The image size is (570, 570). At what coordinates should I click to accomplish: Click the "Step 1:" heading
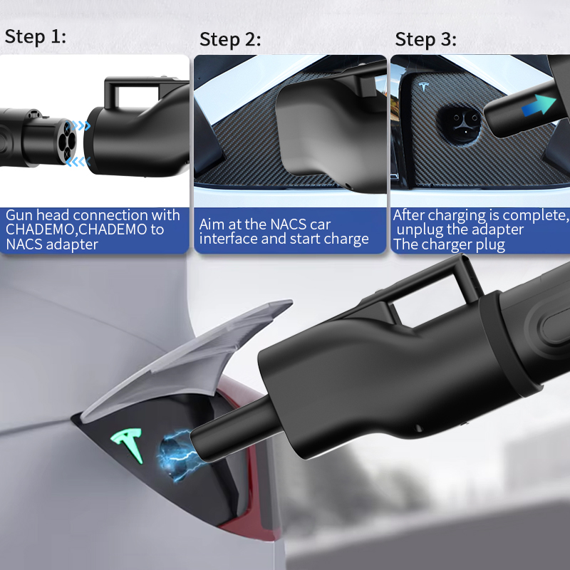(35, 37)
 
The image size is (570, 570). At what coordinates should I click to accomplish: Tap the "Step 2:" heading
(230, 40)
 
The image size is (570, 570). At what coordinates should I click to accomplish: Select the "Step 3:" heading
(425, 40)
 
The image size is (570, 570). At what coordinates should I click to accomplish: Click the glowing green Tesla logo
(128, 445)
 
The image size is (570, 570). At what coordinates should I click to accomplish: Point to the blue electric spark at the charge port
(177, 455)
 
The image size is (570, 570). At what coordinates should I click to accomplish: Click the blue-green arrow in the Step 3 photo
(539, 105)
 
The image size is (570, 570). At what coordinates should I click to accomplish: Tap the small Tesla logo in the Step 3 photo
(424, 86)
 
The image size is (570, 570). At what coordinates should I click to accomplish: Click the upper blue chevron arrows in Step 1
(78, 126)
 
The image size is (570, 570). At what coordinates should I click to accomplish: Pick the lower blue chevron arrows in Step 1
(78, 162)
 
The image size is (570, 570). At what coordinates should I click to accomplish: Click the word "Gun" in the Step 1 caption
(19, 216)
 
